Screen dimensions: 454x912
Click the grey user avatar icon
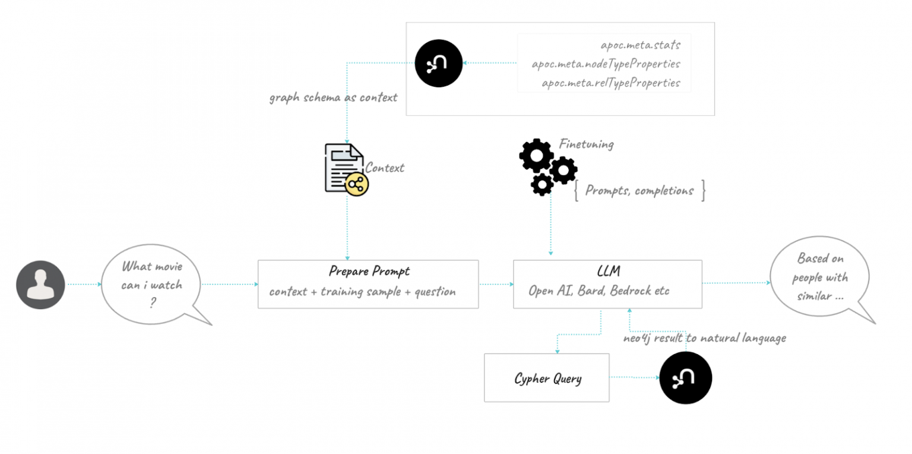(40, 285)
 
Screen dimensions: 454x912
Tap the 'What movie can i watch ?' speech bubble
(152, 285)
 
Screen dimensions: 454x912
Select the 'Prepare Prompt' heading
(369, 272)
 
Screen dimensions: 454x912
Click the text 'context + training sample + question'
(362, 292)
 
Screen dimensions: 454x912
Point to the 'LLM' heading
(608, 272)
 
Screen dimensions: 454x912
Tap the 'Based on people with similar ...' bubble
(820, 277)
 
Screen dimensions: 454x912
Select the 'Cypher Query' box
(547, 378)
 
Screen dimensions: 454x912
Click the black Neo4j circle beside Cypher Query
(685, 378)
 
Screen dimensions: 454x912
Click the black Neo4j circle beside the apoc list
(439, 64)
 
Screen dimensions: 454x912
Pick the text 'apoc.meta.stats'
(640, 45)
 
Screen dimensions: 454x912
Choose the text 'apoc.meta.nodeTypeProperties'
(606, 64)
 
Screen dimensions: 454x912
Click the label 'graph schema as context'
(333, 97)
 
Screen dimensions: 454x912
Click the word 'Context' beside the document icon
(385, 168)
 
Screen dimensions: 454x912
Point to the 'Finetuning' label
(586, 144)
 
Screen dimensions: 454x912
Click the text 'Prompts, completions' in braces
(639, 191)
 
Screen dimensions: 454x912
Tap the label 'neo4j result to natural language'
(704, 338)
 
